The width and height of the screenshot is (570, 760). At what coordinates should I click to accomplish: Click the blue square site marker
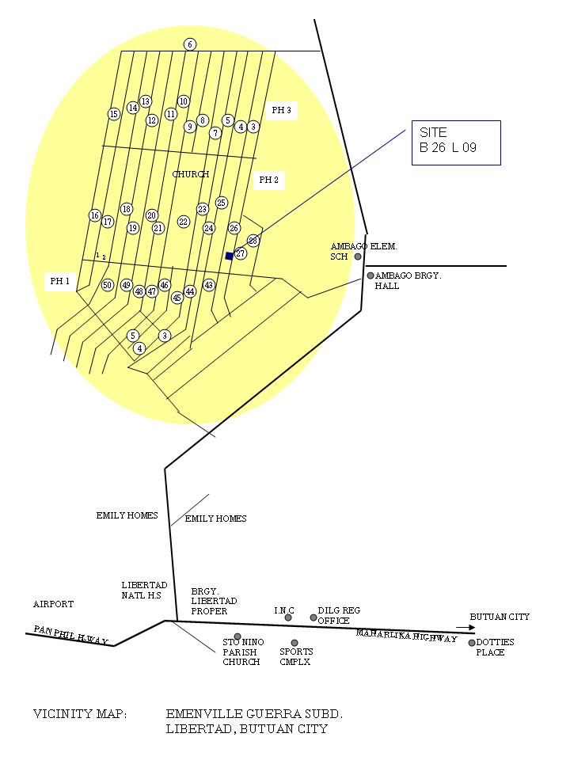pyautogui.click(x=230, y=256)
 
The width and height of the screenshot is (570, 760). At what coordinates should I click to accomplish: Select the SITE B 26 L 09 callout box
pyautogui.click(x=456, y=142)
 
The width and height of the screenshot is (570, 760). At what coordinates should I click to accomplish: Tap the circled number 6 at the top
pyautogui.click(x=190, y=44)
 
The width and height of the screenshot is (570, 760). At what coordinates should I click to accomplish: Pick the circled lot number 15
pyautogui.click(x=114, y=114)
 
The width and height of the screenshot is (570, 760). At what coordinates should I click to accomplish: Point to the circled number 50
pyautogui.click(x=108, y=285)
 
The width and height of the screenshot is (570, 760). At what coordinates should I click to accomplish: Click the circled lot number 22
pyautogui.click(x=184, y=222)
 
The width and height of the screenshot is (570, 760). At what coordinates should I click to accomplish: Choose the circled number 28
pyautogui.click(x=253, y=241)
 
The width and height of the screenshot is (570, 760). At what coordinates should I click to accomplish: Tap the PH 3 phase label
pyautogui.click(x=281, y=111)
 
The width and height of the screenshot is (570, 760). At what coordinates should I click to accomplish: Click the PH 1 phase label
pyautogui.click(x=60, y=281)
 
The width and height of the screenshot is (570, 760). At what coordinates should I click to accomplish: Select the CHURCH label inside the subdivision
pyautogui.click(x=191, y=174)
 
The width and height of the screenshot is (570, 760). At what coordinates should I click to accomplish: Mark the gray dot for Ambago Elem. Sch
pyautogui.click(x=358, y=256)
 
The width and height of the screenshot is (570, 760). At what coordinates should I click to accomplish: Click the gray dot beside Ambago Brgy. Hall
pyautogui.click(x=370, y=275)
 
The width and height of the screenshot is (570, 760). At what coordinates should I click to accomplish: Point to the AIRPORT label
pyautogui.click(x=53, y=604)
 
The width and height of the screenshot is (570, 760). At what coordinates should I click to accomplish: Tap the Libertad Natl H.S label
pyautogui.click(x=145, y=590)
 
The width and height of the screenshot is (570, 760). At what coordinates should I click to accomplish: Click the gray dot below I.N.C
pyautogui.click(x=288, y=617)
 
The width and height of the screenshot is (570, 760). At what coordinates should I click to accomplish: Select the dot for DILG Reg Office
pyautogui.click(x=313, y=617)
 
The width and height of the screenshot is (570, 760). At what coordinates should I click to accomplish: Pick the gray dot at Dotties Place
pyautogui.click(x=472, y=643)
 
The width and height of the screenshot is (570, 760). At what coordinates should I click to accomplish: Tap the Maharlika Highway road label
pyautogui.click(x=406, y=636)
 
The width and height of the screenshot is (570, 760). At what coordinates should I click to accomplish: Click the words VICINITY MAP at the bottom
pyautogui.click(x=79, y=714)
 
